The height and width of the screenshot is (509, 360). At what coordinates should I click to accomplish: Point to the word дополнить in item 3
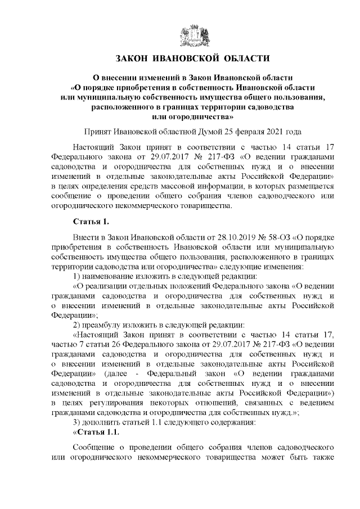[103, 422]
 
